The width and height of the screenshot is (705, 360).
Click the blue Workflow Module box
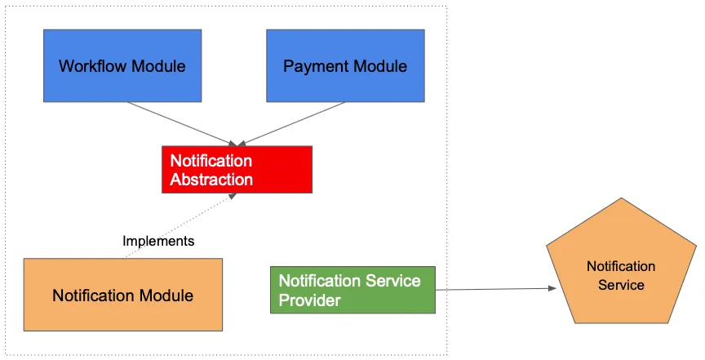122,65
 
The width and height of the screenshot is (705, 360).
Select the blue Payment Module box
345,65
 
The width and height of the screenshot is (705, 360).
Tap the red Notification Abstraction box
237,170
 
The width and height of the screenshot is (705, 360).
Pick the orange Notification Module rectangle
122,295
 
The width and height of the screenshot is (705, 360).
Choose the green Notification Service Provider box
352,290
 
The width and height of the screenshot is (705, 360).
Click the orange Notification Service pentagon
621,265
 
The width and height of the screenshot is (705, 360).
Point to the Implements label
158,241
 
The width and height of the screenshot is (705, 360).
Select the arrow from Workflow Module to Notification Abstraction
182,124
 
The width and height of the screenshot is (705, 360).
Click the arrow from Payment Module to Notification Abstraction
291,124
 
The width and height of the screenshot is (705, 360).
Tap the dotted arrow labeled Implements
180,226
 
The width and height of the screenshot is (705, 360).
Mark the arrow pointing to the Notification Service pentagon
496,289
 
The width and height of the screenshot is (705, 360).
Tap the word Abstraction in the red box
211,180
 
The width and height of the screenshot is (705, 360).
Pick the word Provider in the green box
310,300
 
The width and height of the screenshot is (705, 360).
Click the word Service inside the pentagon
621,285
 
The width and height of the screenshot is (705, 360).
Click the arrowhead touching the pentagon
552,288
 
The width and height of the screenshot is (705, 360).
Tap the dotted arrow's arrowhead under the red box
233,196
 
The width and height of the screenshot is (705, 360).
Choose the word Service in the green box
393,281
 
